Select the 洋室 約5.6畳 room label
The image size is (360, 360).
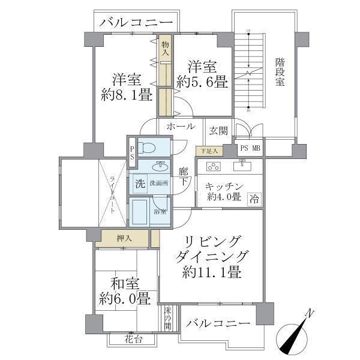[202, 74]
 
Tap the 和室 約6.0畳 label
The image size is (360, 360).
[125, 290]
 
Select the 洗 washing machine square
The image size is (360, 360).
[139, 184]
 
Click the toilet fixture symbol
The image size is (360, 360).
[147, 148]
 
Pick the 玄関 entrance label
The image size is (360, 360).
[217, 130]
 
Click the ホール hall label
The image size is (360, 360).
[181, 127]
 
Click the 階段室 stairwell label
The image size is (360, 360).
[280, 72]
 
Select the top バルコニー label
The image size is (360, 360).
[137, 24]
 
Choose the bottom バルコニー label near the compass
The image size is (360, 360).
[217, 323]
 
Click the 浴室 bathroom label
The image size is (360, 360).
[160, 212]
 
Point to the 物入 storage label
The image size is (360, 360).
[164, 48]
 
